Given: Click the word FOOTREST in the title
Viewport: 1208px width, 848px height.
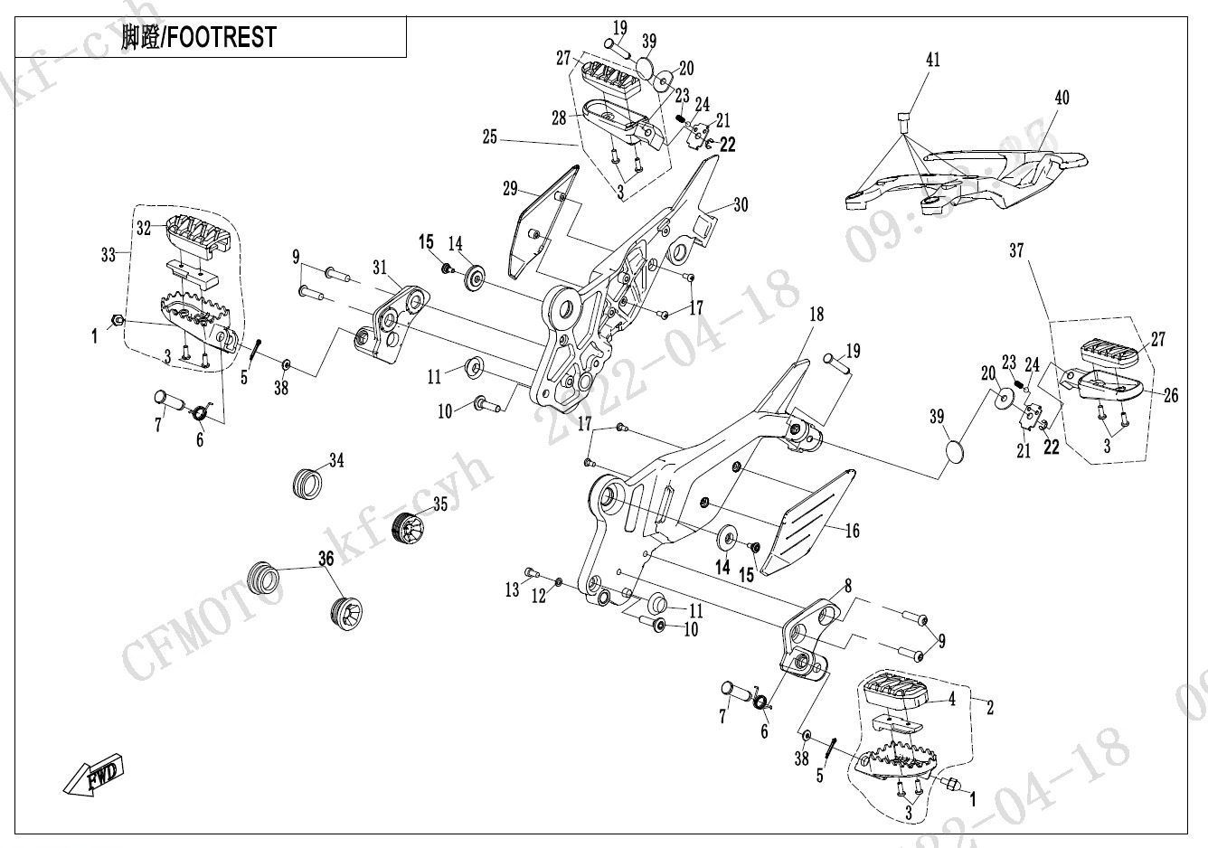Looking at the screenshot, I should [222, 38].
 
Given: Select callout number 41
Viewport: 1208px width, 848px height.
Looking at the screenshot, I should [932, 60].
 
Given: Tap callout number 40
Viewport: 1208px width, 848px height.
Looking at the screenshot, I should [1062, 97].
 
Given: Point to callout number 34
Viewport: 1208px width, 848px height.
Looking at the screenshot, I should [336, 461].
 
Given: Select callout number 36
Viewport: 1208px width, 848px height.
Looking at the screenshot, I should [326, 560].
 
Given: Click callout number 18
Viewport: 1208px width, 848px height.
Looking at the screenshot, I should [816, 315].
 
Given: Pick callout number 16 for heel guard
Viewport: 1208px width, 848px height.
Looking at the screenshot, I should [852, 531].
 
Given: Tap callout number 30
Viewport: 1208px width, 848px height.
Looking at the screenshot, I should [741, 205].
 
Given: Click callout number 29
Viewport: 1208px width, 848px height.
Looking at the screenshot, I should [510, 188].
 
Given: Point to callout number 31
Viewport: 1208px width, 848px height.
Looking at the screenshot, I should [380, 267].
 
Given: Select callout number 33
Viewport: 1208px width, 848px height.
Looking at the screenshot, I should [109, 256].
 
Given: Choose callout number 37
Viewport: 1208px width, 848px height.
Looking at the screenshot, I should [1016, 250].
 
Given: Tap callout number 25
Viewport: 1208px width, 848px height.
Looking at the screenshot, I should [489, 138].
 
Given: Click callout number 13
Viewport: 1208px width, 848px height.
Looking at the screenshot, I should [512, 590].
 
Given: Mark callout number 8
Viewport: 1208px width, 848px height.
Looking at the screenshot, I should [847, 586].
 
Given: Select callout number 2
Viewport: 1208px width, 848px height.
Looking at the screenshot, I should [990, 708].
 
